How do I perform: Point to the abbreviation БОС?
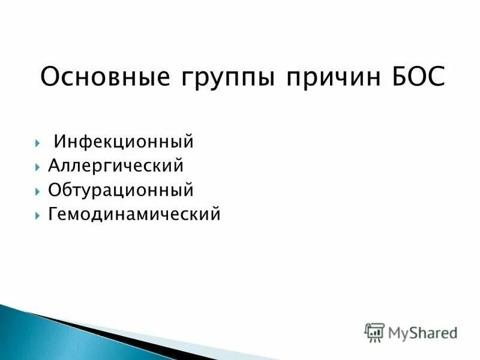[417, 78]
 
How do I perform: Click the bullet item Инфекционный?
[124, 143]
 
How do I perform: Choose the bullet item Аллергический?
[116, 166]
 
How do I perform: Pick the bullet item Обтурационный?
[121, 190]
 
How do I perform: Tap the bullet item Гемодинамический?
[134, 214]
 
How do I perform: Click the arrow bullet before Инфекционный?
[38, 143]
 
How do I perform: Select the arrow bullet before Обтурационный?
[38, 191]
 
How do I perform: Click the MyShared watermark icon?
[374, 332]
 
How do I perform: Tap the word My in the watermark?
[397, 332]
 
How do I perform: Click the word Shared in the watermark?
[433, 332]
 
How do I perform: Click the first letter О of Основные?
[49, 78]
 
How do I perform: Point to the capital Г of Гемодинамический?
[52, 214]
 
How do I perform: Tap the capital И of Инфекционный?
[59, 143]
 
